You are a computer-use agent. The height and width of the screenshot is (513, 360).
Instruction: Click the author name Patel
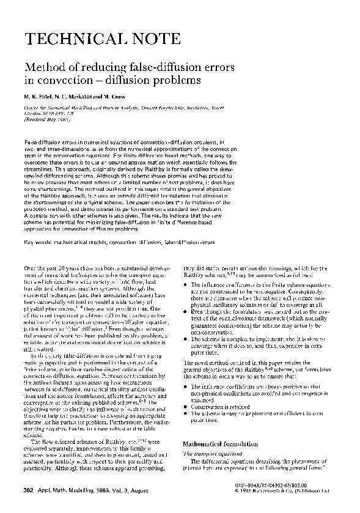tap(40, 97)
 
